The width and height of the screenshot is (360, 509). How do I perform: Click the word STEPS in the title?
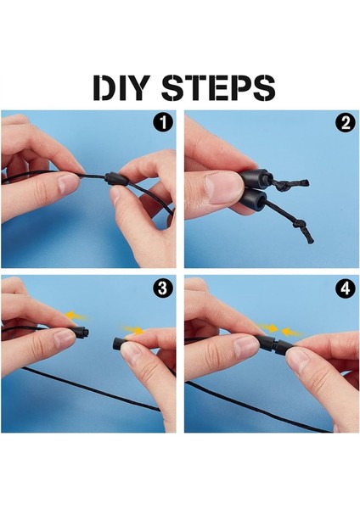coord(219,87)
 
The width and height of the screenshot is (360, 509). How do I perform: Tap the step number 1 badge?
coord(162,123)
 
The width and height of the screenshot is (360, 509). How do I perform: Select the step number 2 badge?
coord(346,123)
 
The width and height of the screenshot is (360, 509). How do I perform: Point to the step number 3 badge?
coord(162,288)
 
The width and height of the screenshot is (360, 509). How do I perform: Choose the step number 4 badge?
coord(346,288)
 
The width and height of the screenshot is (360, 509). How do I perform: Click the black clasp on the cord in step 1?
coord(116,178)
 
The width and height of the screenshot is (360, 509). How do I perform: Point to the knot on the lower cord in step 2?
coord(300,225)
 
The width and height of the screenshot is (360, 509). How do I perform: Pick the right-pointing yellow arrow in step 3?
coord(132,330)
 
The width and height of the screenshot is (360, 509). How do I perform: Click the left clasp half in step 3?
coord(82,333)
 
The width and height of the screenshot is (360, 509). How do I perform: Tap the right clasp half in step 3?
coord(121,344)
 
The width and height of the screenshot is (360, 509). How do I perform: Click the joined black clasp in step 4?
coord(273,345)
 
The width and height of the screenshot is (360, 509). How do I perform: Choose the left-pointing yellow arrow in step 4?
coord(291,332)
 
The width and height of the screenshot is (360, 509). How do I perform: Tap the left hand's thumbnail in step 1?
coord(68,183)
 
